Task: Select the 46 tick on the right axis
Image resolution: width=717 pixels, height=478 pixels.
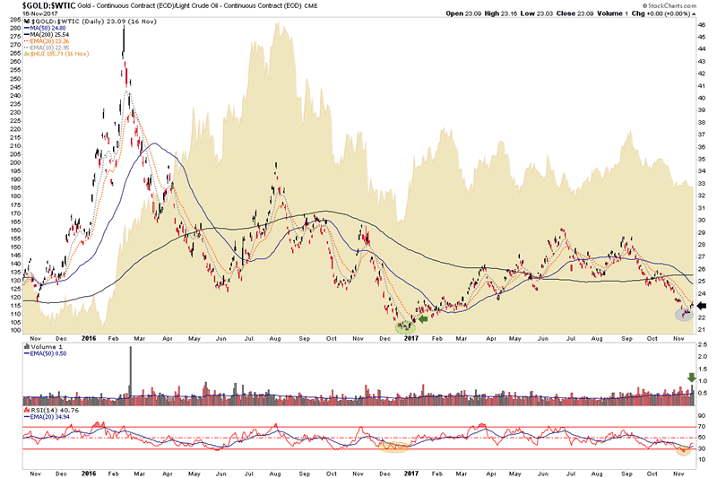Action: click(702, 26)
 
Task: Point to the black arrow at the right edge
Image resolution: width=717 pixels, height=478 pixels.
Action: click(702, 305)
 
